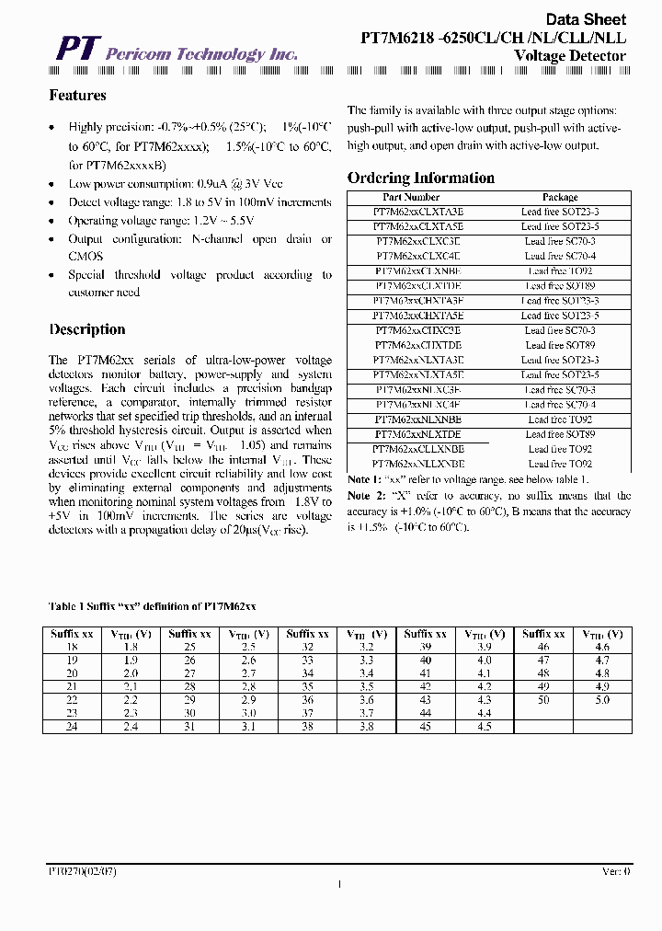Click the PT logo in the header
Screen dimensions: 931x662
pyautogui.click(x=74, y=49)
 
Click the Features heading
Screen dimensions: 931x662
pyautogui.click(x=77, y=96)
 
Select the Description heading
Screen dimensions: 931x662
pyautogui.click(x=87, y=329)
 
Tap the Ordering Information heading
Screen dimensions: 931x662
pyautogui.click(x=420, y=178)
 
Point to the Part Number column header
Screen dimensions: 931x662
pyautogui.click(x=411, y=197)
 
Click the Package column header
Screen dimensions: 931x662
pyautogui.click(x=560, y=197)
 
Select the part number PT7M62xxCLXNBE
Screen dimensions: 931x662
pyautogui.click(x=418, y=271)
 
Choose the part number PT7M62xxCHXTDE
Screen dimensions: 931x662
pyautogui.click(x=418, y=345)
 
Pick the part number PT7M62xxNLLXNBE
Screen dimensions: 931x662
pyautogui.click(x=418, y=464)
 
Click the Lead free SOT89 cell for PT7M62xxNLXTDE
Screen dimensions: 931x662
pyautogui.click(x=560, y=434)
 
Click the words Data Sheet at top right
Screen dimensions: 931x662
pyautogui.click(x=586, y=19)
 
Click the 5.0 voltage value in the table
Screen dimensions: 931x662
pyautogui.click(x=602, y=700)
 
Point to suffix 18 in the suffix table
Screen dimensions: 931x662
pyautogui.click(x=74, y=648)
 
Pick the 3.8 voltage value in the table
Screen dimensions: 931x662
pyautogui.click(x=366, y=727)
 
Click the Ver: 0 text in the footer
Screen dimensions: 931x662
pyautogui.click(x=615, y=869)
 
